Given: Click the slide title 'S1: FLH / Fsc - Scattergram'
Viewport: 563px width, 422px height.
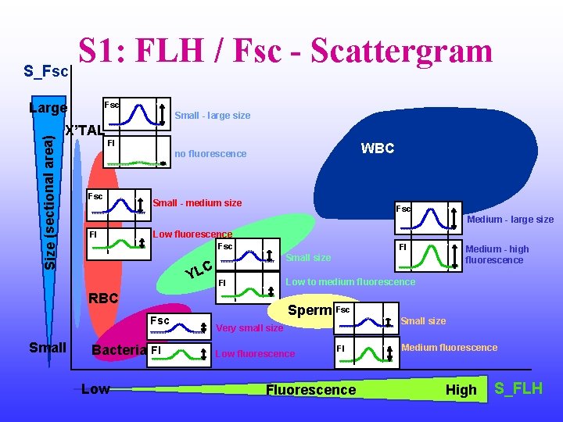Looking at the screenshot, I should (x=285, y=51).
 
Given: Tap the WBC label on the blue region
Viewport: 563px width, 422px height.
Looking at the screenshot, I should (x=377, y=148).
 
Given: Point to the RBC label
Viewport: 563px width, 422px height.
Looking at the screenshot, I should (x=103, y=298).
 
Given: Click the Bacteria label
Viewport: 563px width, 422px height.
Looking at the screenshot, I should (x=119, y=349).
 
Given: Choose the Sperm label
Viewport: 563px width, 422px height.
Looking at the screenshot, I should (x=310, y=310).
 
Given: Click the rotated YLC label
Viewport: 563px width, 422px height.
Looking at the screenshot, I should (x=199, y=268).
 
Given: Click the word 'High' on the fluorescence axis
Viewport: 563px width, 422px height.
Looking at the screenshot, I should (x=461, y=390).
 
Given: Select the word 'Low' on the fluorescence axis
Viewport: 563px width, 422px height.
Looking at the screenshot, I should (x=95, y=388).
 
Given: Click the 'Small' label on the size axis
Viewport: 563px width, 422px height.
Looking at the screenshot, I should (x=47, y=347).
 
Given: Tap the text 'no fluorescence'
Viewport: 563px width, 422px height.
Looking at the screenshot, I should (x=210, y=154).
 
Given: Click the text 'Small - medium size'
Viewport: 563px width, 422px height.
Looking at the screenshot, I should (x=197, y=203).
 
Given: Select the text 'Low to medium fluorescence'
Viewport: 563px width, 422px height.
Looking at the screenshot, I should (x=351, y=281).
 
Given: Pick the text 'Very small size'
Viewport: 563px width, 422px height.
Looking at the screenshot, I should (x=249, y=328).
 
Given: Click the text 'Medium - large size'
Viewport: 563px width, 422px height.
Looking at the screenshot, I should (x=510, y=220).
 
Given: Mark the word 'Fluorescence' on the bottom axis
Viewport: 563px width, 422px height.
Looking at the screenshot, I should (x=311, y=390).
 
